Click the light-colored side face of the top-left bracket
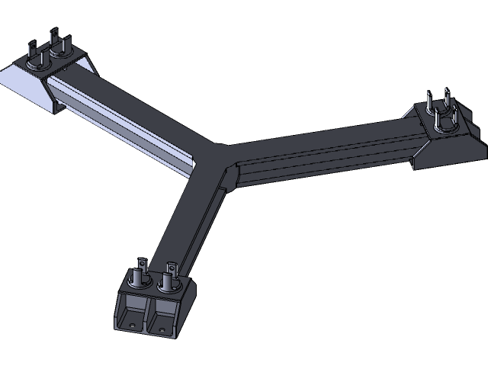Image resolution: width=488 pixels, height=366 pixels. [23, 84]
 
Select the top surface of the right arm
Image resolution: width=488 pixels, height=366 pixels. [320, 141]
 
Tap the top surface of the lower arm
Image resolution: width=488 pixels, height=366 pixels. [187, 213]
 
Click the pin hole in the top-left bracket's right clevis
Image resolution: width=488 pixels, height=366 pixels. [56, 38]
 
